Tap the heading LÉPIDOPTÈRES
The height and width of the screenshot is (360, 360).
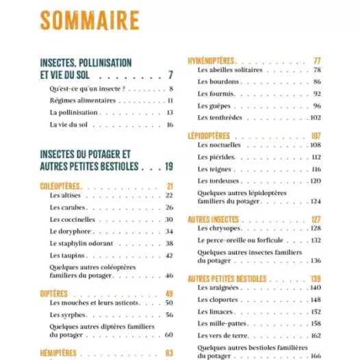(x=209, y=136)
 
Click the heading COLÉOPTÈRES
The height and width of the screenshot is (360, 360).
(x=61, y=186)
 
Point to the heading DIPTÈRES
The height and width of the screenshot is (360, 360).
(x=54, y=294)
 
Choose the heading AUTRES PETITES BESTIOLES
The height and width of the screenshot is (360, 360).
(x=227, y=279)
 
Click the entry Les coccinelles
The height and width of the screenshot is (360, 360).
(x=73, y=219)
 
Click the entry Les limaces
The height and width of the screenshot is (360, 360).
(x=214, y=311)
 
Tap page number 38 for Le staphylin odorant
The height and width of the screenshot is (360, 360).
(x=169, y=243)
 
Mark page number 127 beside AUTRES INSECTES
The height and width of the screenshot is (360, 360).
(x=316, y=219)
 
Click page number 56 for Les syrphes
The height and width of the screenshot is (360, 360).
(x=169, y=315)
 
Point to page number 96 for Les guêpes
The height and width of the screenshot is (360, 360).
(x=317, y=106)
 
